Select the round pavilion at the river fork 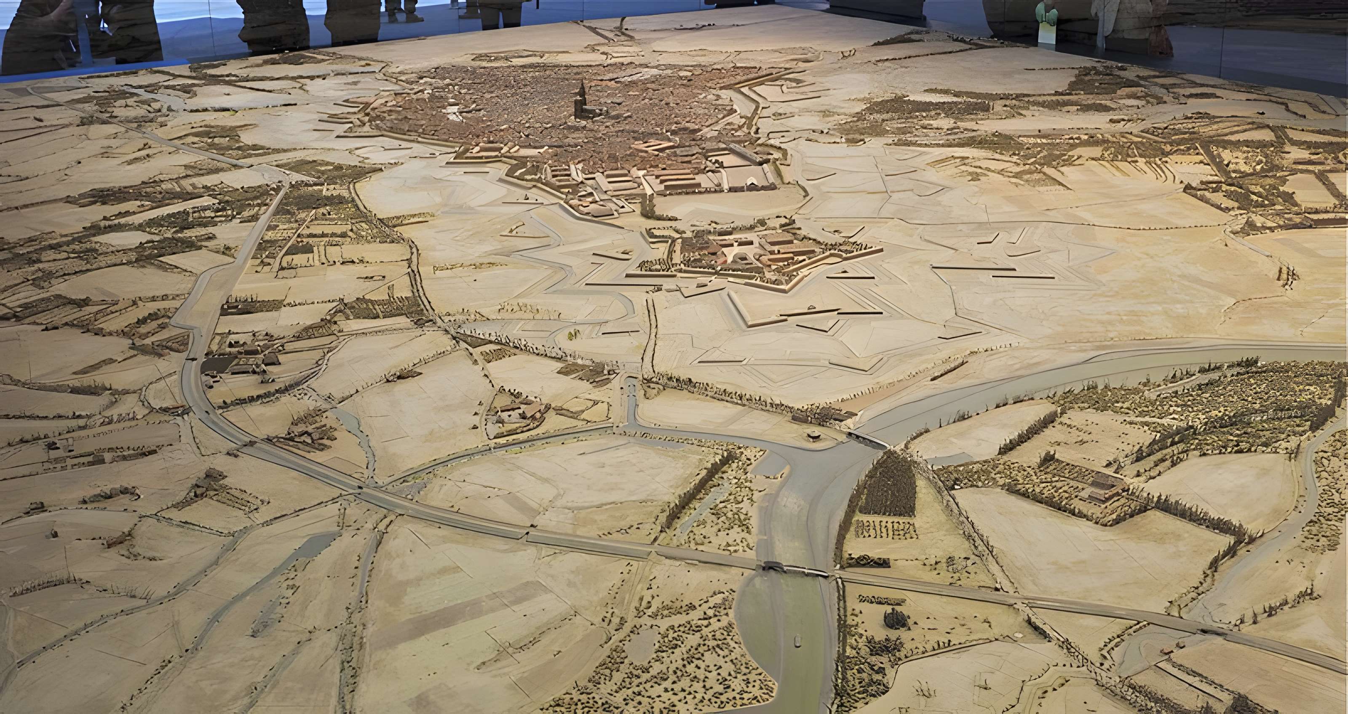pos(812,436)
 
